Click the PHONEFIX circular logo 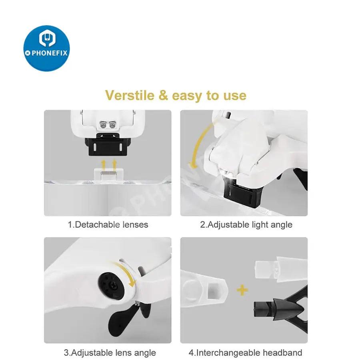pos(47,48)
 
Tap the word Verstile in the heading pos(130,95)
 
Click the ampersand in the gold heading pos(163,95)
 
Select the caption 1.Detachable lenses pos(108,224)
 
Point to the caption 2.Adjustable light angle pos(246,225)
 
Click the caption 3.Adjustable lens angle pos(110,353)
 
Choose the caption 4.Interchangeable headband pos(246,352)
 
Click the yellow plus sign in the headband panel pos(242,290)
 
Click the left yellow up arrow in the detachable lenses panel pos(104,165)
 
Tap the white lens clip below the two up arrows pos(108,174)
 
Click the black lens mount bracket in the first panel pos(108,145)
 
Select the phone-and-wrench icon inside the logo pos(47,38)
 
